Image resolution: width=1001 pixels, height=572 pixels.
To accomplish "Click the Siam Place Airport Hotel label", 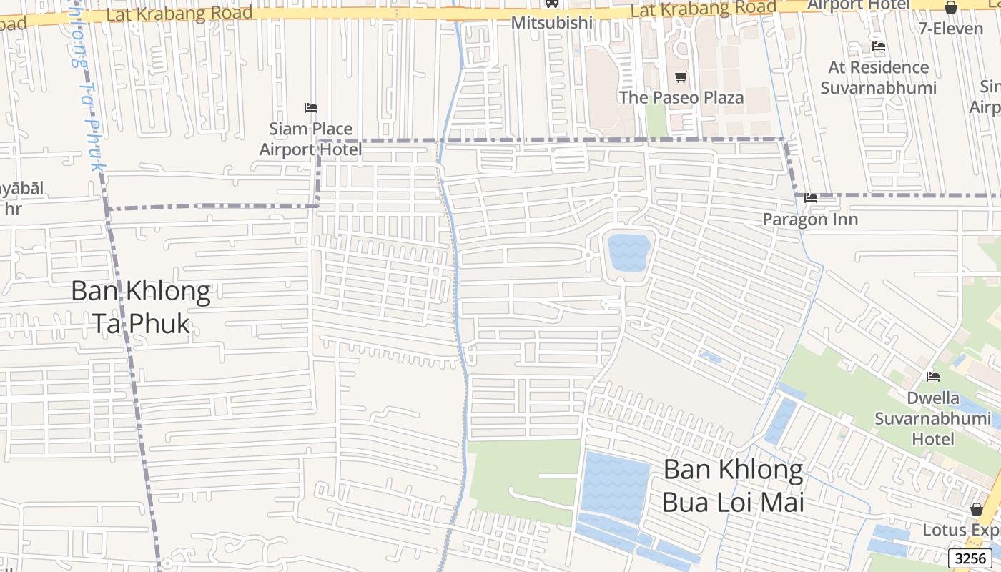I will click(x=310, y=139).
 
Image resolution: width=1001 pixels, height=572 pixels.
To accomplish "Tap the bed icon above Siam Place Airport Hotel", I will click(x=311, y=108).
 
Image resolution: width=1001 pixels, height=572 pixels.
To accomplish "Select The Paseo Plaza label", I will click(x=681, y=97).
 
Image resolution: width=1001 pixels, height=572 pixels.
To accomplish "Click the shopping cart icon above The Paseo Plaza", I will click(x=681, y=77).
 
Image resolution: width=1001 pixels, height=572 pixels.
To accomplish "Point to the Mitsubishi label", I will click(x=552, y=23).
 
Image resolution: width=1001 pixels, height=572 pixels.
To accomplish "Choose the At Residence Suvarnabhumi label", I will click(x=878, y=77).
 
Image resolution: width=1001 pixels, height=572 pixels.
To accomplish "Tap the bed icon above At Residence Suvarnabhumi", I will click(x=879, y=46).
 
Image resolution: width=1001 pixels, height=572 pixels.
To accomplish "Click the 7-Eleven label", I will click(x=951, y=29).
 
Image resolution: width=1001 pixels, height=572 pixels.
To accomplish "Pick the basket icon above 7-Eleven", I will click(x=951, y=8).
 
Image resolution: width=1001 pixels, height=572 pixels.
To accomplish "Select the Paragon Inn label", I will click(x=810, y=220).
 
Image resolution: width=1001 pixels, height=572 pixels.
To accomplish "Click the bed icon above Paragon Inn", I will click(x=811, y=198).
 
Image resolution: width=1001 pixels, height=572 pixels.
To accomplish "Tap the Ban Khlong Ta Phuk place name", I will click(x=141, y=307).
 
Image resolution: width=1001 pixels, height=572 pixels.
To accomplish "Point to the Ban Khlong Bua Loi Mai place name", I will click(x=733, y=485).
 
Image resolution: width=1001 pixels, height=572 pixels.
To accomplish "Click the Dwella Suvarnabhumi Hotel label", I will click(x=932, y=418).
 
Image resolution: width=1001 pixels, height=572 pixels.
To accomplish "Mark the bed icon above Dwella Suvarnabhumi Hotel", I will click(x=933, y=377).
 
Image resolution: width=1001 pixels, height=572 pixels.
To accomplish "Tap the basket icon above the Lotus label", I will click(x=976, y=509).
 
